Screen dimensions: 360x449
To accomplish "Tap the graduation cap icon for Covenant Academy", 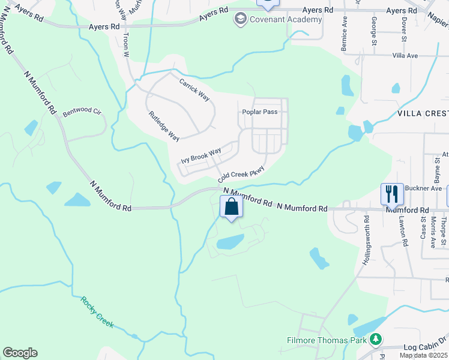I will click(241, 19).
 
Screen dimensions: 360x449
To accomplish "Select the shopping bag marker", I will click(232, 208).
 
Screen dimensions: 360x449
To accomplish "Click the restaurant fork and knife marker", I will click(391, 194).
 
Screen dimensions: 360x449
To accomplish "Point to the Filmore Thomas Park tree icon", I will click(376, 340).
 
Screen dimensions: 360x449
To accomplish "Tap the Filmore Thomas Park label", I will click(326, 340).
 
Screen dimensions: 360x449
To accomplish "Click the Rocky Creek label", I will click(97, 312).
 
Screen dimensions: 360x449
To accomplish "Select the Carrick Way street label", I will click(194, 89).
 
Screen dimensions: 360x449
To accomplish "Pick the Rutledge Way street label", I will click(164, 126).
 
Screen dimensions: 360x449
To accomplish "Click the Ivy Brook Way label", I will click(201, 157).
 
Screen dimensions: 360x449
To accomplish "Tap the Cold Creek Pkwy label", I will click(241, 175).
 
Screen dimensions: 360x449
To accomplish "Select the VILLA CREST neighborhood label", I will click(423, 113).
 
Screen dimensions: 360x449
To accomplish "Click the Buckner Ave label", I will click(423, 188).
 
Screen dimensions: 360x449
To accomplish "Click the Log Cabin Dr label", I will click(426, 347).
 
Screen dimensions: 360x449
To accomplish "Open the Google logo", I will click(20, 353).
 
